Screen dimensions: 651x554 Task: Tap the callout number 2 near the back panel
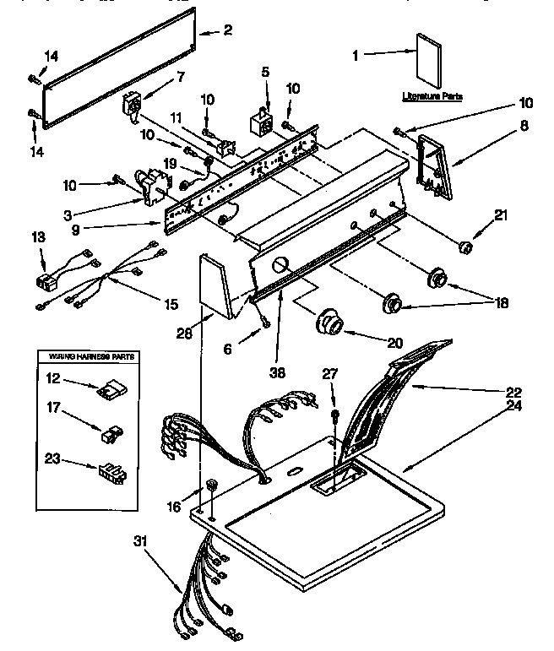pos(227,30)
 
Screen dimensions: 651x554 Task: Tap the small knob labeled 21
pos(462,247)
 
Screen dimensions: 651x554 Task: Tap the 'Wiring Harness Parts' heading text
pos(87,358)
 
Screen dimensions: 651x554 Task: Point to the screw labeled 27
pos(335,415)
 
